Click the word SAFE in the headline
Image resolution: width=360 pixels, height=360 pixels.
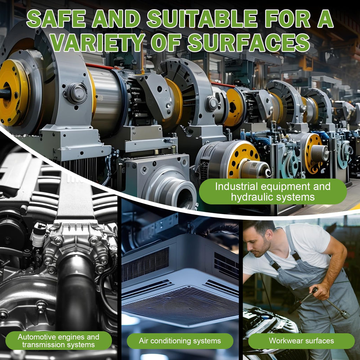click(x=56, y=19)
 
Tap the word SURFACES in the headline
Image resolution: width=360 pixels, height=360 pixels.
click(x=249, y=43)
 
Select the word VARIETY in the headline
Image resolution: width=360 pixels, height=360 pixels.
click(x=98, y=43)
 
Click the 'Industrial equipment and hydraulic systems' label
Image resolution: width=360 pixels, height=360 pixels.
click(x=273, y=192)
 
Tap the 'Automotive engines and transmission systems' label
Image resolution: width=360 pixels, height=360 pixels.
click(x=59, y=341)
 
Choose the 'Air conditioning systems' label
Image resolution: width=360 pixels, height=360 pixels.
click(x=180, y=341)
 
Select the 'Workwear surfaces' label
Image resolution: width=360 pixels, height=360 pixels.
click(x=301, y=341)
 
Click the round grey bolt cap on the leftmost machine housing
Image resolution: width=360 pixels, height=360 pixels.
click(x=76, y=93)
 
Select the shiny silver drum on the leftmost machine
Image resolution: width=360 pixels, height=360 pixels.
click(x=107, y=101)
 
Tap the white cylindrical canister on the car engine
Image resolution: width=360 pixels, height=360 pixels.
click(x=39, y=235)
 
